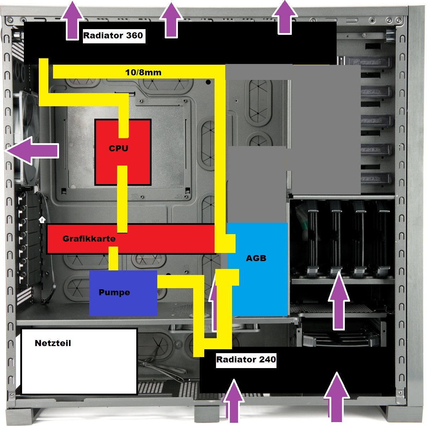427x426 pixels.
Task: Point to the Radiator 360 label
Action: pyautogui.click(x=113, y=36)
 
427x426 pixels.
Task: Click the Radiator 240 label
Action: pyautogui.click(x=246, y=360)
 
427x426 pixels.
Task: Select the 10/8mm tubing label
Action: pyautogui.click(x=143, y=73)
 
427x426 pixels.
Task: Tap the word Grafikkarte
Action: pyautogui.click(x=89, y=238)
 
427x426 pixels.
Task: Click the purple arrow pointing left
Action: pyautogui.click(x=32, y=151)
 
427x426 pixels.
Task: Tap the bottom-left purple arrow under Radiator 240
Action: pyautogui.click(x=234, y=401)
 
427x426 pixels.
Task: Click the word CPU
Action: pyautogui.click(x=118, y=149)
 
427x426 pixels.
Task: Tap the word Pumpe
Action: pyautogui.click(x=114, y=292)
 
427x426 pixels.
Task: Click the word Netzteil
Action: pyautogui.click(x=53, y=343)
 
